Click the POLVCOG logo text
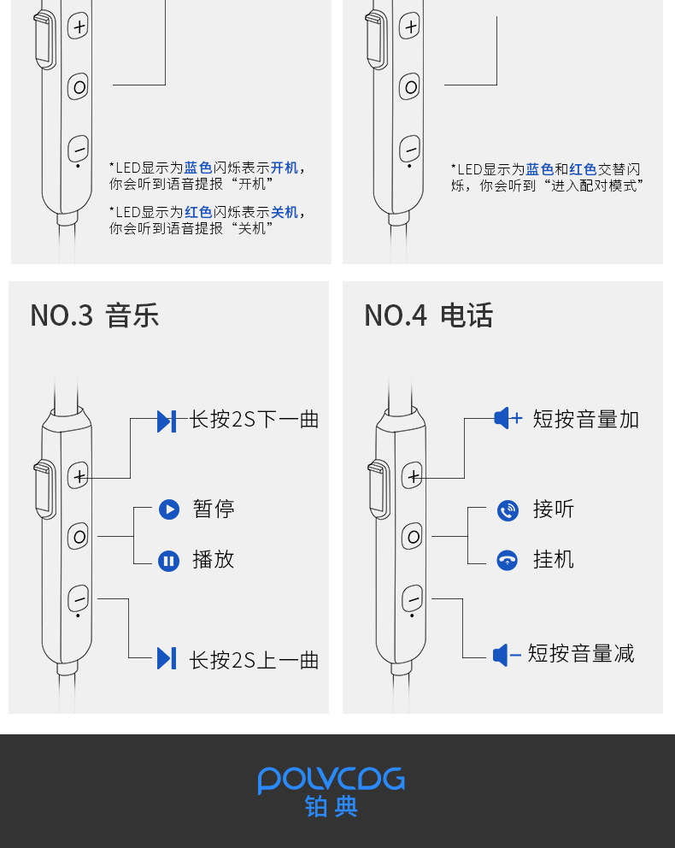tap(331, 780)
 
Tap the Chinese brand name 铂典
tap(331, 807)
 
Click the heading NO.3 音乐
tap(95, 315)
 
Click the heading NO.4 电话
tap(429, 315)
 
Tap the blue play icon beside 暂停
tap(169, 509)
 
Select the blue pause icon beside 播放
tap(169, 561)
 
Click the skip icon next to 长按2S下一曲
tap(167, 421)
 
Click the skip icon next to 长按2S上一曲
tap(167, 658)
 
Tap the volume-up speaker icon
tap(507, 418)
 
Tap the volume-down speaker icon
tap(506, 656)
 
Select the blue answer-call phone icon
tap(508, 511)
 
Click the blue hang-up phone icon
tap(508, 561)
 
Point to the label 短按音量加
tap(586, 419)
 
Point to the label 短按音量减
tap(581, 654)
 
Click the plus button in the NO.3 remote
tap(79, 476)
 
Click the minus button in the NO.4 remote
tap(413, 598)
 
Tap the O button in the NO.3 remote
tap(79, 537)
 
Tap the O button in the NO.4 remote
tap(413, 537)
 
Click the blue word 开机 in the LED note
tap(285, 168)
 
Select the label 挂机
tap(554, 560)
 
